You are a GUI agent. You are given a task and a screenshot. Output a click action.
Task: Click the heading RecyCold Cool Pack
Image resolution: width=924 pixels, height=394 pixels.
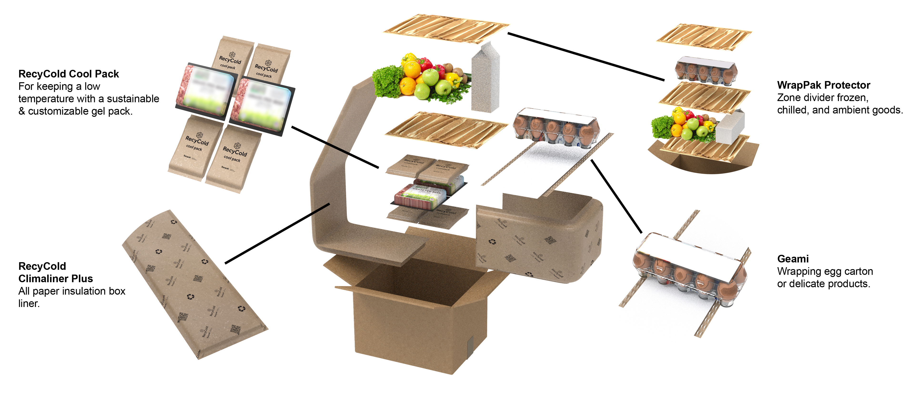coord(69,74)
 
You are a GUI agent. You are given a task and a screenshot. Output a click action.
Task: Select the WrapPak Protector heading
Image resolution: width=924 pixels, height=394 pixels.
coord(823,85)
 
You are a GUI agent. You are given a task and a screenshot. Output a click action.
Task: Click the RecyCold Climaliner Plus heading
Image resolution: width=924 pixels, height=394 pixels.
coord(56,272)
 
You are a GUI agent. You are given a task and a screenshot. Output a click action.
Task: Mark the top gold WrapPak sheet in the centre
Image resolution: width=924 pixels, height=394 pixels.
coord(446,29)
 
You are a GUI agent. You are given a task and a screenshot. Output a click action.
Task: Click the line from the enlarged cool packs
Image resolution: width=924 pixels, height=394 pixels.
coord(335,147)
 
